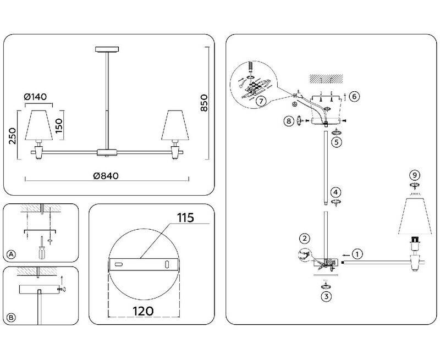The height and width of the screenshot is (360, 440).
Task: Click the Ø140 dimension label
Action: pos(35,97)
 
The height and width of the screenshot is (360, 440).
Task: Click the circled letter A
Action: pos(11,254)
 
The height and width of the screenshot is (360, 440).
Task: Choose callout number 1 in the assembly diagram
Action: pos(358,254)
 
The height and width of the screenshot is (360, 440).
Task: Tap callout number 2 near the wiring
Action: pos(304,239)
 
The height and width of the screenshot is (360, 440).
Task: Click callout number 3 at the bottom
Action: pos(327,297)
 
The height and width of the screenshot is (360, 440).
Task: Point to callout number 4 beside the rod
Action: pos(335,192)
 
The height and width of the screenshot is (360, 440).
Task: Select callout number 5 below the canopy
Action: pos(335,142)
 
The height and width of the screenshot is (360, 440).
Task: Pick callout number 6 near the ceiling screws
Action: pos(354,97)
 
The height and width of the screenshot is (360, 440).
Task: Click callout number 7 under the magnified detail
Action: pos(261,101)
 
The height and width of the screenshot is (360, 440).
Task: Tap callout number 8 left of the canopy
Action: pos(288,121)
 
